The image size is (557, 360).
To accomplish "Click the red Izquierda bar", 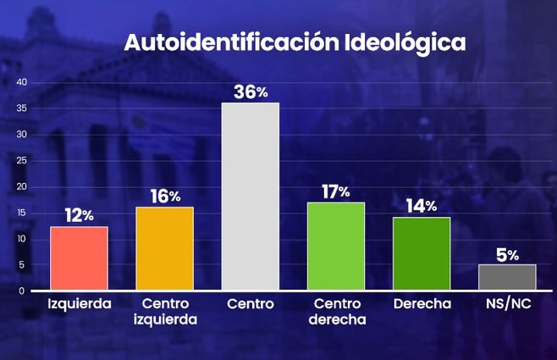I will [x=79, y=258].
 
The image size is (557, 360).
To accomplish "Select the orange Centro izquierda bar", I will [x=164, y=249].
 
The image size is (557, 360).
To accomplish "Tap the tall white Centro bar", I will [x=250, y=197].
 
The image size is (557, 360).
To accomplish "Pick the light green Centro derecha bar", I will [x=335, y=246].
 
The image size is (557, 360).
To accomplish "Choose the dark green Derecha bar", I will [x=421, y=254].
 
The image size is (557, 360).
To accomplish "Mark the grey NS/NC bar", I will [x=507, y=277].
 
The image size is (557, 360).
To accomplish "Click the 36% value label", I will [x=251, y=91].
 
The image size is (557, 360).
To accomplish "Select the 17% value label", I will [x=336, y=191].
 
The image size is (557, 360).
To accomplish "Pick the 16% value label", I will [x=165, y=197].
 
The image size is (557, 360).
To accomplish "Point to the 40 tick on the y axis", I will [x=22, y=82].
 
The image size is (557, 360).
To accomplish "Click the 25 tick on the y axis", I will [x=22, y=161].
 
